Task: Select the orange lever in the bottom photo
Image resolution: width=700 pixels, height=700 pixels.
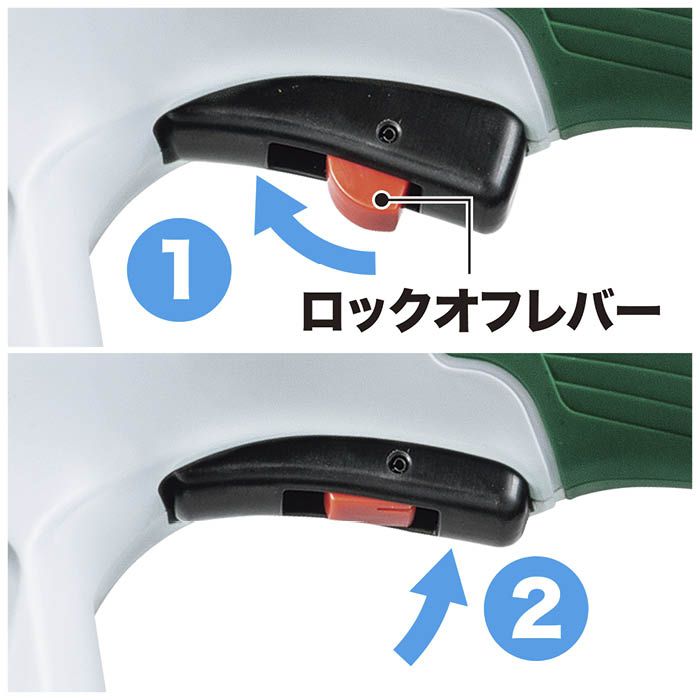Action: click(369, 505)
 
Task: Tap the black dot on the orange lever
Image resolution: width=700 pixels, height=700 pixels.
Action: click(382, 200)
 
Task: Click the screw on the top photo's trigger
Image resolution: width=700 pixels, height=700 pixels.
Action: click(388, 132)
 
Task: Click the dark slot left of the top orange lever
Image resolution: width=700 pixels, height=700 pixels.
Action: click(296, 158)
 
